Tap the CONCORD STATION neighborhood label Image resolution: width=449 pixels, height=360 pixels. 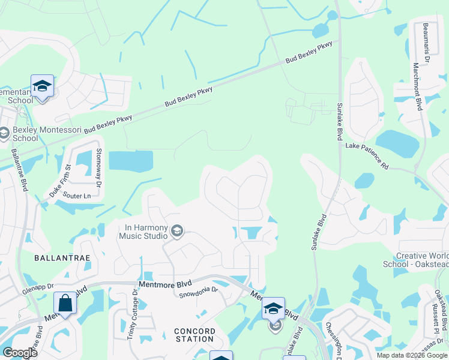point(194,335)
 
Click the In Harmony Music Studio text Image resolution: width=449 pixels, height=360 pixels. point(146,232)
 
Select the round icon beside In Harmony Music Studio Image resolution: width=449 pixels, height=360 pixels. point(177,231)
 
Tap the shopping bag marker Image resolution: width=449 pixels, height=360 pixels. point(65,302)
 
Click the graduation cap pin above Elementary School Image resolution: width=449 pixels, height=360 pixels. point(43,86)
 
